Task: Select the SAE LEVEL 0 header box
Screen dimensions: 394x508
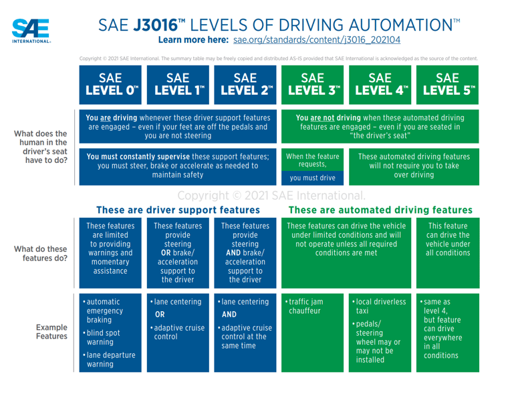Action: pos(110,83)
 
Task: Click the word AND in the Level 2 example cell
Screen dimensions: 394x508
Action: pos(229,315)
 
